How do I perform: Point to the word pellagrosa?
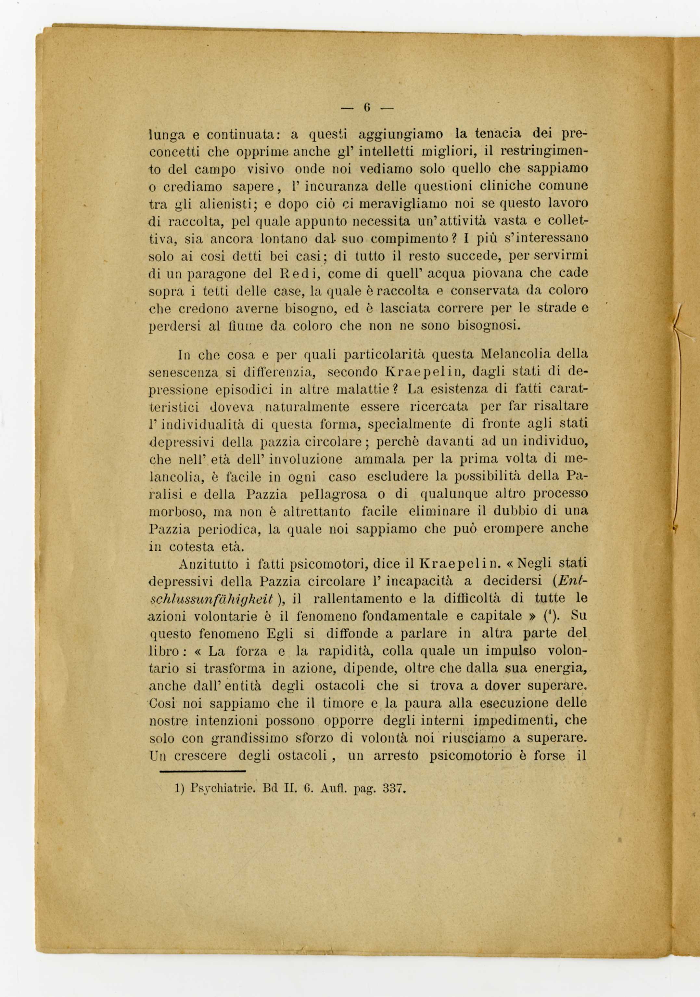(x=333, y=494)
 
